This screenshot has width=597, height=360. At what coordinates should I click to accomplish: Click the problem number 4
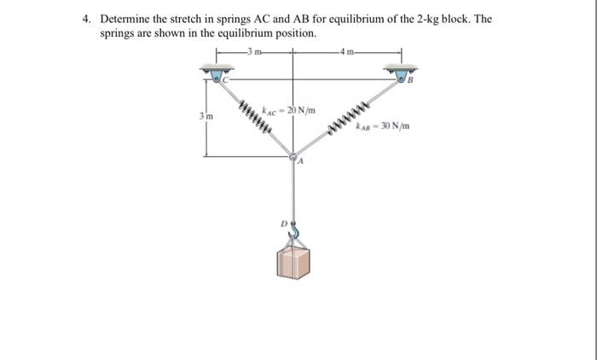(x=98, y=19)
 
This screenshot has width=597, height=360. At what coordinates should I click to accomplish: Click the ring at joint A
(x=294, y=158)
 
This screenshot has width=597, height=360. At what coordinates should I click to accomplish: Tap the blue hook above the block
(x=294, y=230)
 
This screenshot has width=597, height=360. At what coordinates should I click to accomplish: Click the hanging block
(x=294, y=262)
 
